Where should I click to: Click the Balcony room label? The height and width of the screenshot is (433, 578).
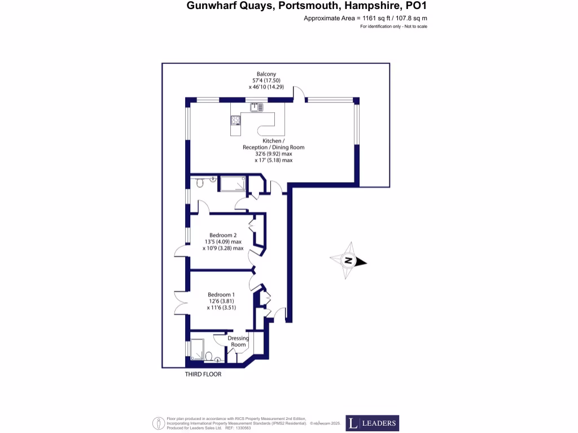click(266, 74)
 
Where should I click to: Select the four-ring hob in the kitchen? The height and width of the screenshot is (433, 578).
click(235, 120)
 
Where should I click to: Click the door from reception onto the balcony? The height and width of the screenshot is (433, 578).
click(299, 94)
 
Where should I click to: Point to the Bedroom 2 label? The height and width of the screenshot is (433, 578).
click(222, 235)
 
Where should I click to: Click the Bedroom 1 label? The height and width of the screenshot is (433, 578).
click(221, 295)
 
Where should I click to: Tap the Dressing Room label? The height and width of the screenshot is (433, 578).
click(238, 342)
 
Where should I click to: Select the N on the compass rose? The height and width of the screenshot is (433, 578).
click(349, 261)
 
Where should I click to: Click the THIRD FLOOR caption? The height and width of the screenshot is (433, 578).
click(203, 374)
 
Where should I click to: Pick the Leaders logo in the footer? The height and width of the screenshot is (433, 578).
click(372, 423)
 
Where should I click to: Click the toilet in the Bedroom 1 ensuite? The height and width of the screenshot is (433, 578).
click(209, 356)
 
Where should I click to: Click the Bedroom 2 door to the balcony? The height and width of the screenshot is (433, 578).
click(181, 252)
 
